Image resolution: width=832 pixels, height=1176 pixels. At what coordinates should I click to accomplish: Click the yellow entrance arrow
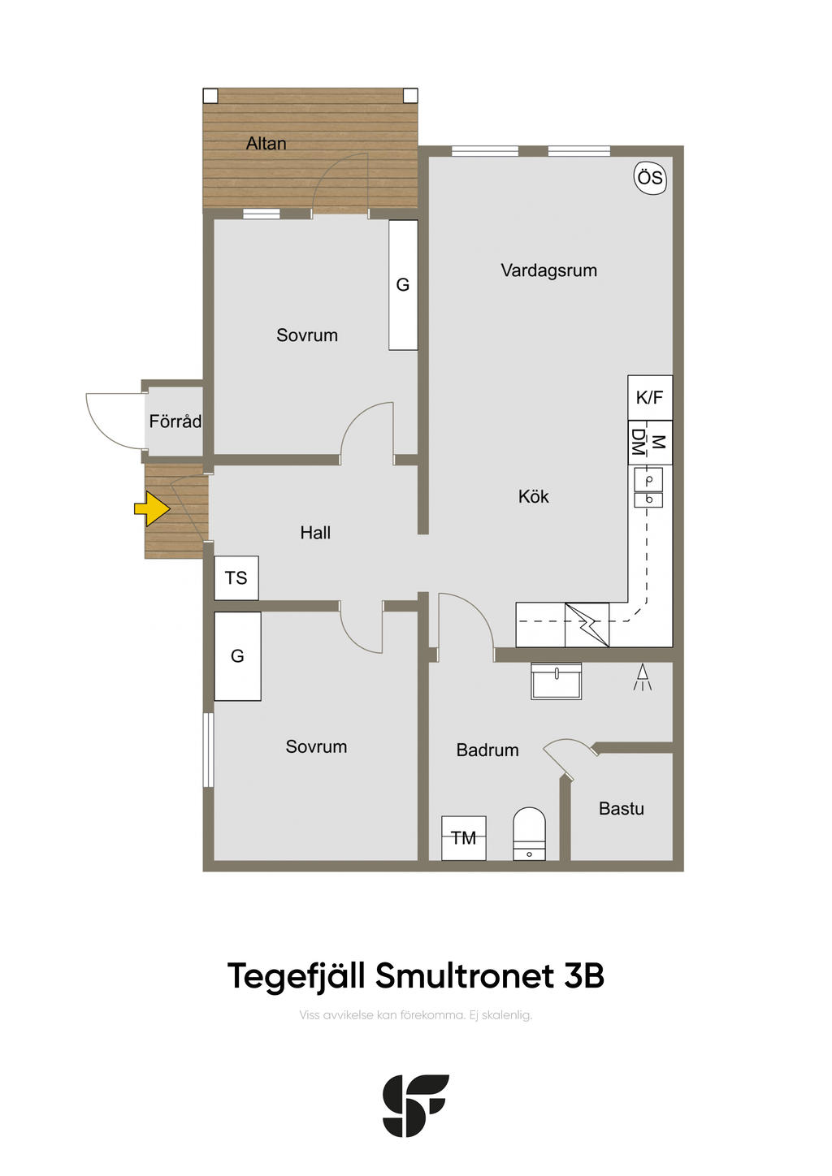(x=152, y=508)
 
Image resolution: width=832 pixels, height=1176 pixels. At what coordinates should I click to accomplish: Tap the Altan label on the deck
(x=266, y=143)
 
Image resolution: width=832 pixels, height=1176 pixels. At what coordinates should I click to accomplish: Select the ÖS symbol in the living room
(x=650, y=178)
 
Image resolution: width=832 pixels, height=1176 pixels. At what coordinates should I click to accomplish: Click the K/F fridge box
(x=650, y=397)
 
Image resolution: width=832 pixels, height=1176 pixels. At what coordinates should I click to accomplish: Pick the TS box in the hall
(x=236, y=577)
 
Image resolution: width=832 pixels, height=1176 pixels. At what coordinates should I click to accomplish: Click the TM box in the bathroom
(x=463, y=838)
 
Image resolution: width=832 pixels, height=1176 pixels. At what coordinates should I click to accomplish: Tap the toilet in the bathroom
(x=529, y=833)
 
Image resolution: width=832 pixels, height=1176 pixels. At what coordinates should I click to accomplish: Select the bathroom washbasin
(x=557, y=681)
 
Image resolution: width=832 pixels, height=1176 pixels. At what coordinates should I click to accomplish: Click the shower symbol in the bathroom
(x=642, y=677)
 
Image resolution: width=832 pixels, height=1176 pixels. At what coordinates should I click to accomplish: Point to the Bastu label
(x=622, y=809)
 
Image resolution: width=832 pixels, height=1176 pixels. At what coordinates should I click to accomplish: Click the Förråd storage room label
(x=175, y=421)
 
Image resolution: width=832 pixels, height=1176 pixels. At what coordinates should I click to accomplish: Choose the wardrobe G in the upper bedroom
(x=403, y=284)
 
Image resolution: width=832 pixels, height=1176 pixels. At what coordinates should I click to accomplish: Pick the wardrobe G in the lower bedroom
(x=237, y=656)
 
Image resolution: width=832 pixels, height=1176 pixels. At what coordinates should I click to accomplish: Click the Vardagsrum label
(x=549, y=271)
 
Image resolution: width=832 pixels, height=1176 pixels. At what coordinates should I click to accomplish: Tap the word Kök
(x=533, y=496)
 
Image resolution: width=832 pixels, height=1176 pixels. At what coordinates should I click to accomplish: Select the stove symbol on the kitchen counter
(x=587, y=625)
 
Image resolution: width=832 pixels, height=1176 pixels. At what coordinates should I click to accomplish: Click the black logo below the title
(x=415, y=1105)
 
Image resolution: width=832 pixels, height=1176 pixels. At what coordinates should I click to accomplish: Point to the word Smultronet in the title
(x=465, y=975)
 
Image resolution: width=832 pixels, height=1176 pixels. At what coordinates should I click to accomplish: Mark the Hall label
(x=315, y=533)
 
